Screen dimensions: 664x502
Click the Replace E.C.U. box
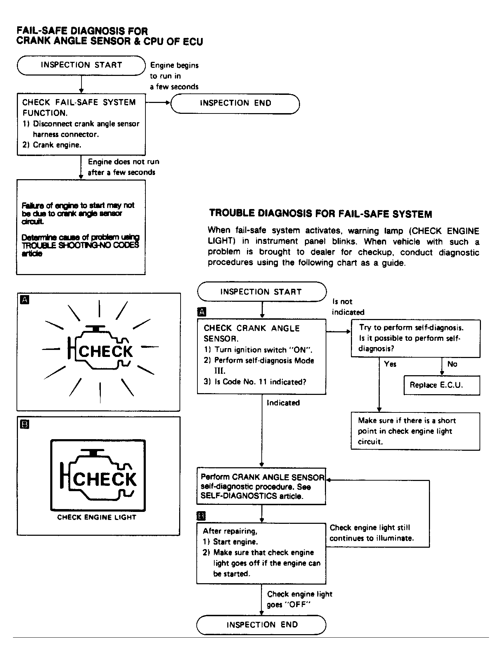coord(442,385)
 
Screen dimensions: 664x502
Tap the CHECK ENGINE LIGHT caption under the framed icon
coord(97,517)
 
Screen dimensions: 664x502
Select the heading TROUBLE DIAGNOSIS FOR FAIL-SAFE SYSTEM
coord(320,214)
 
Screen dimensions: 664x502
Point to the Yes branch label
coord(390,364)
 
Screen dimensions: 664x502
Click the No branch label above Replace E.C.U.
coord(452,364)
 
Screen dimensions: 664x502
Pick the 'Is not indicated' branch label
coord(348,307)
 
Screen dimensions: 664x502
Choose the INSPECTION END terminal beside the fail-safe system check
coord(235,103)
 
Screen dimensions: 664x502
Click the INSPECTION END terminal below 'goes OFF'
coord(261,625)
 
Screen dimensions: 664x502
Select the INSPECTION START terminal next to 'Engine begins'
coord(81,65)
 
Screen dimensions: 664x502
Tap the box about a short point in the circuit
coord(415,431)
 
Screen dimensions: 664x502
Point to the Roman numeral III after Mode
coord(220,371)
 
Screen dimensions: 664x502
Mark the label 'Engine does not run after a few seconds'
coord(123,167)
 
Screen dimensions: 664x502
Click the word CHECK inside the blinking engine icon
coord(106,351)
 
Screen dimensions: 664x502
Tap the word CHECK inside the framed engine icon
coord(105,479)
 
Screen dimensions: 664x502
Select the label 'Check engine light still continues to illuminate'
coord(371,533)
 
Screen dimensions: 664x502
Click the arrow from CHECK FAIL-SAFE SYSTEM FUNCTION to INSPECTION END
coord(158,103)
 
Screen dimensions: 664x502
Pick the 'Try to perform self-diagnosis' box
coord(415,338)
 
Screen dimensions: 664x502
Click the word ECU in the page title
coord(193,41)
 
